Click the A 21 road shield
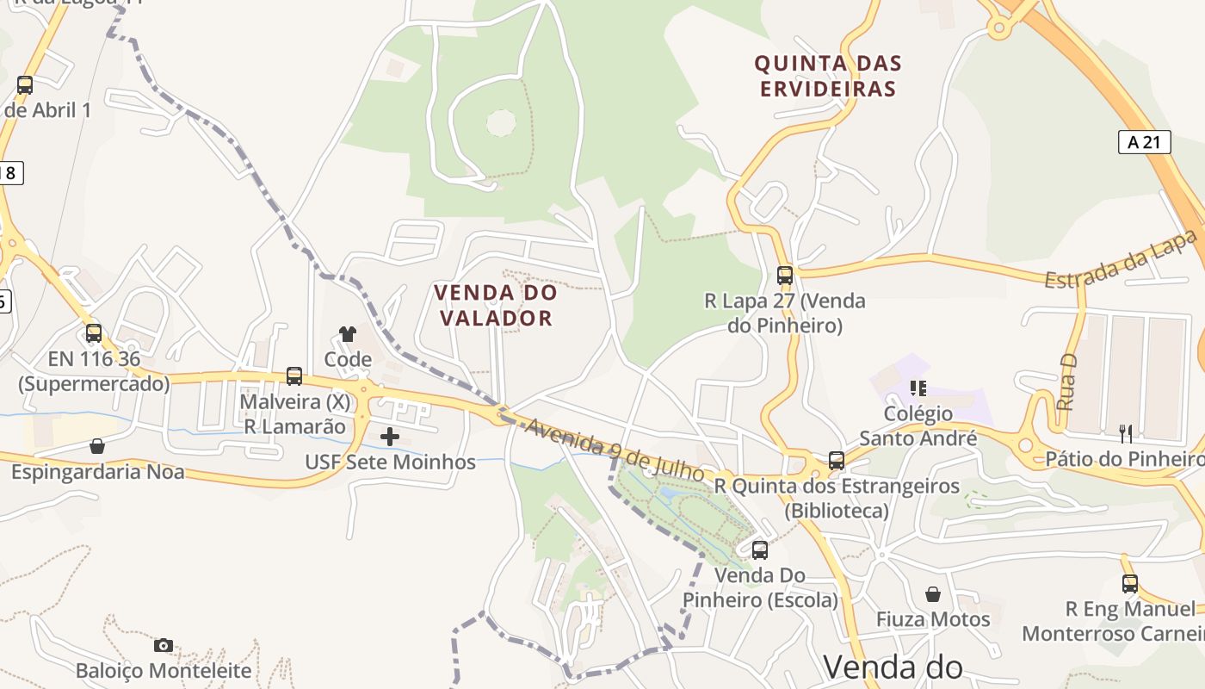pos(1144,142)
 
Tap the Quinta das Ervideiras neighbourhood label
pos(827,76)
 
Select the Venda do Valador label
pos(496,305)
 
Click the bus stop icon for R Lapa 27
pos(785,276)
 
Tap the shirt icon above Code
pos(348,334)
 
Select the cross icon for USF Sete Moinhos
pos(390,437)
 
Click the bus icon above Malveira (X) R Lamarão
pos(294,376)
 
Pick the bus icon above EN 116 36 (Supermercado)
pos(94,333)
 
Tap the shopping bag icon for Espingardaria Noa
pos(97,446)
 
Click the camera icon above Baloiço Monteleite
pos(164,645)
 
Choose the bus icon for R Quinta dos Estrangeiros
pos(837,461)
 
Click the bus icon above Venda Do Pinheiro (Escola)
pos(760,550)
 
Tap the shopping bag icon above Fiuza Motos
pos(933,594)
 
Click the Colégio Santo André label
pos(918,426)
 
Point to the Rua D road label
pos(1066,382)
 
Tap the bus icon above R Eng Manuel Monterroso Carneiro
pos(1130,584)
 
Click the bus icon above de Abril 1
pos(25,85)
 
